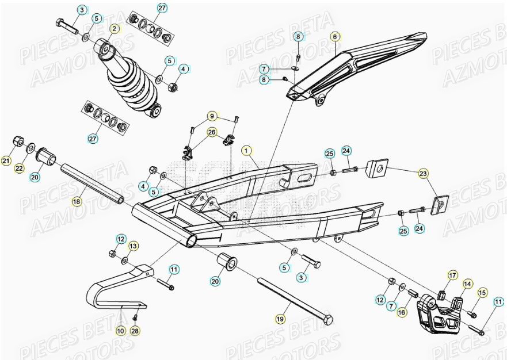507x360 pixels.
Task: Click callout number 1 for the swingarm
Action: tap(247, 151)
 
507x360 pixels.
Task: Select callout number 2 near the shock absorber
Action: tap(114, 28)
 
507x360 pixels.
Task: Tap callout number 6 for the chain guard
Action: tap(334, 36)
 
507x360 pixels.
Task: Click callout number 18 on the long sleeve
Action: tap(76, 201)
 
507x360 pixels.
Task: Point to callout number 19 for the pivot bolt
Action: tap(280, 318)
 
